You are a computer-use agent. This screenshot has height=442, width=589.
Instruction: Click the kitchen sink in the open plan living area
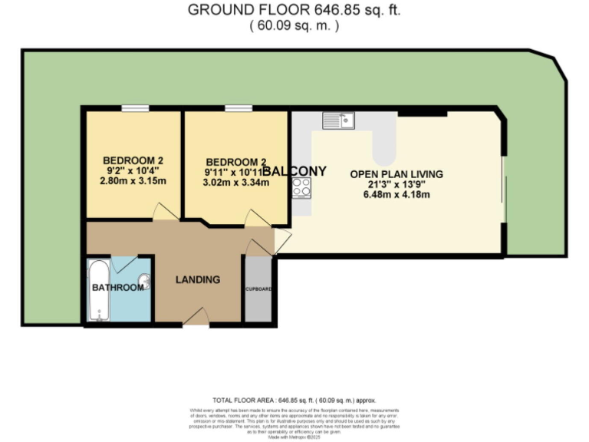[337, 120]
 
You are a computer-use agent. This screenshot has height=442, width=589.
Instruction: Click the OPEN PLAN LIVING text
[397, 174]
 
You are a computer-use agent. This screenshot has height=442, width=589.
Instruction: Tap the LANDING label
[198, 279]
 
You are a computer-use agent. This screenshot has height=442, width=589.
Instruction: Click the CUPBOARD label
[258, 289]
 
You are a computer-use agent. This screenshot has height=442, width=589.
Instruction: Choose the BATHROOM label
[118, 288]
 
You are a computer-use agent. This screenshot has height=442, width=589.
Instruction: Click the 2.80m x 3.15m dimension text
[133, 181]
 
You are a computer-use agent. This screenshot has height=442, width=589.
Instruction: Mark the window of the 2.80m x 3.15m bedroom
[135, 109]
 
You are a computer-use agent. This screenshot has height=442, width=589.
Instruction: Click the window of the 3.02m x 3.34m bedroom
[238, 109]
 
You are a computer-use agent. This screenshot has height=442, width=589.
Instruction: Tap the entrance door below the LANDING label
[196, 316]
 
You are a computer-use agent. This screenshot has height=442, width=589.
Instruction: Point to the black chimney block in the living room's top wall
[423, 112]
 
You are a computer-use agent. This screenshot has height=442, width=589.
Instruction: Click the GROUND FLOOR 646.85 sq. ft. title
[294, 10]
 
